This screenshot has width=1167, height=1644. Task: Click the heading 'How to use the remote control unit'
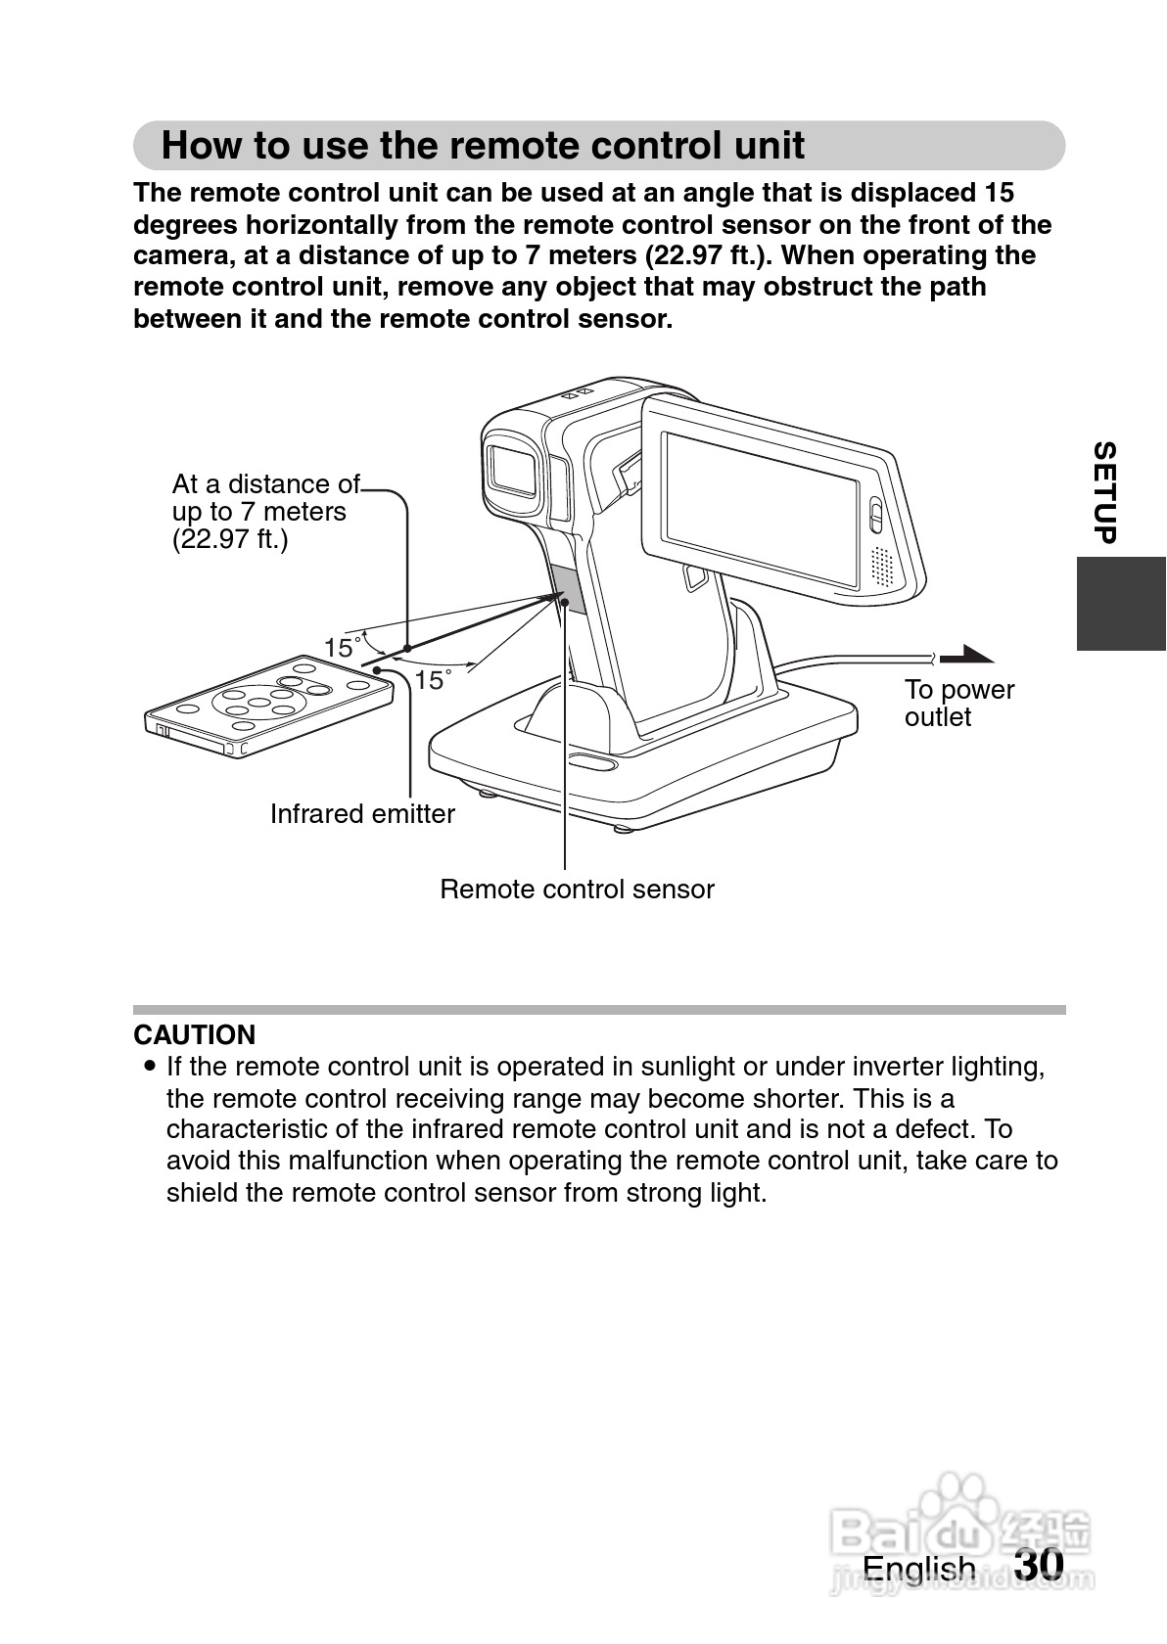[482, 146]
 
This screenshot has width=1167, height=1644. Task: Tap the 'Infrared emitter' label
[362, 814]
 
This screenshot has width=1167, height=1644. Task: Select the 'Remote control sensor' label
[577, 890]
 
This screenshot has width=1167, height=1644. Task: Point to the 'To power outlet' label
[958, 703]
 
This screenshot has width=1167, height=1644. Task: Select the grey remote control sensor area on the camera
[568, 587]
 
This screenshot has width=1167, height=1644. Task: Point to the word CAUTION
[194, 1034]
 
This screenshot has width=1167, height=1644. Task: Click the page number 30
[1039, 1564]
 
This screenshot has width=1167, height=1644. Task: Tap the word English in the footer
[918, 1569]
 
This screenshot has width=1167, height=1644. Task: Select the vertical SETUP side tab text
[1104, 492]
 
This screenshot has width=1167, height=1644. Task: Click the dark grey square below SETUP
[1121, 604]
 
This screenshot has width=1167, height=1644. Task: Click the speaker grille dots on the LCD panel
[883, 566]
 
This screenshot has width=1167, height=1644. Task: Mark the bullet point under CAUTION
[149, 1065]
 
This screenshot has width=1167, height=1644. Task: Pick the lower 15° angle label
[431, 679]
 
